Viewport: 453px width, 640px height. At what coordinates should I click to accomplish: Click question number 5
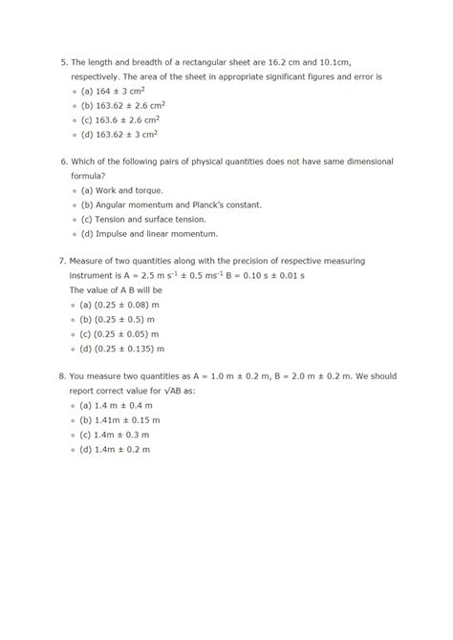click(62, 61)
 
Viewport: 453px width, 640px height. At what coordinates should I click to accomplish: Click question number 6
click(62, 161)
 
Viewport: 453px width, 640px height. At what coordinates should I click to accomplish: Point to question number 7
click(62, 261)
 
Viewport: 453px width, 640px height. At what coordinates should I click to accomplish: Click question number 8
click(62, 375)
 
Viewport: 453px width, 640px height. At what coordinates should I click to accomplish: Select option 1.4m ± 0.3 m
click(115, 434)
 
